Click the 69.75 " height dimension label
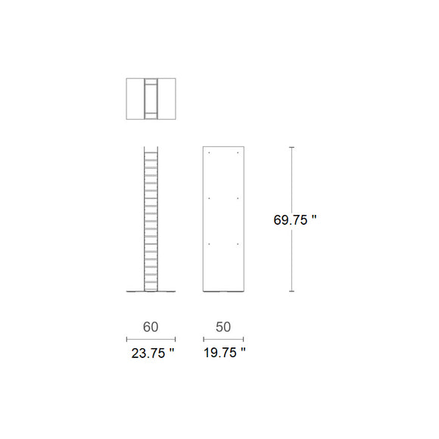(295, 219)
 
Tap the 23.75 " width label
(153, 353)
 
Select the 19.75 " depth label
(225, 353)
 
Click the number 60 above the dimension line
(151, 327)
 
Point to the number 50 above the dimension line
(223, 327)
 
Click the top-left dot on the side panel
(209, 153)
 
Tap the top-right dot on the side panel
(238, 153)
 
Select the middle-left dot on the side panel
(209, 198)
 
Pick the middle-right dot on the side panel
(238, 198)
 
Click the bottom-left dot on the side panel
(209, 244)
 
